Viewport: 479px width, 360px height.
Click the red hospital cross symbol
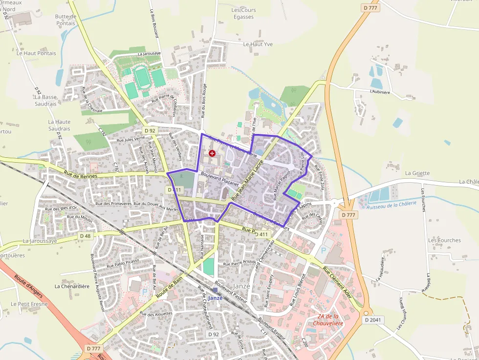[x=212, y=153]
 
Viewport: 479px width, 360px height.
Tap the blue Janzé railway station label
[x=215, y=298]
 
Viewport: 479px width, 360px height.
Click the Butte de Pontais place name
[x=65, y=20]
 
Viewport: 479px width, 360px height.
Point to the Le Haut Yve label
[x=258, y=44]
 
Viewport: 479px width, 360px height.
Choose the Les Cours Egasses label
[x=243, y=13]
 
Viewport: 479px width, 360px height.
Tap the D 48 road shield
[x=85, y=236]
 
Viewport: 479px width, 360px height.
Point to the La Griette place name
[x=417, y=173]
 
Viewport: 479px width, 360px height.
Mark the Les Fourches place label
[x=444, y=240]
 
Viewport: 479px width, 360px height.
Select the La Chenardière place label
[x=72, y=286]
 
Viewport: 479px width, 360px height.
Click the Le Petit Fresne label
[x=29, y=304]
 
